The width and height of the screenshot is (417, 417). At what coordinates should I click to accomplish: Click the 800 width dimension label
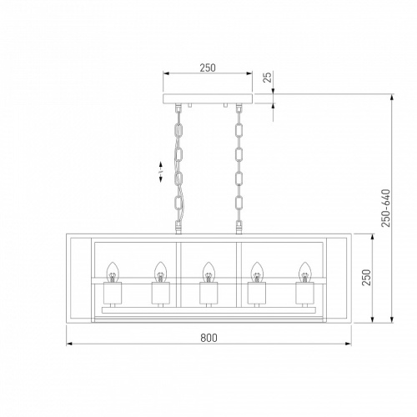[208, 338]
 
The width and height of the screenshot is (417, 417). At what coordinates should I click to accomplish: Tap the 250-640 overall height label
[386, 208]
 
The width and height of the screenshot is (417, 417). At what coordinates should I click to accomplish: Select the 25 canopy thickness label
[267, 78]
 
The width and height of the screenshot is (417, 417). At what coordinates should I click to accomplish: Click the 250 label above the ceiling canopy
[208, 68]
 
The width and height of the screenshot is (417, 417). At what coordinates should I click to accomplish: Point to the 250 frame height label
[366, 277]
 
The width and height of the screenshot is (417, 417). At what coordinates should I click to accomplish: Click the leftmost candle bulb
[113, 272]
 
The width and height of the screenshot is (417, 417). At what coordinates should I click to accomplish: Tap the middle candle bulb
[208, 272]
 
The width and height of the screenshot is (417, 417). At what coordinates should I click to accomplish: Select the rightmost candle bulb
[304, 272]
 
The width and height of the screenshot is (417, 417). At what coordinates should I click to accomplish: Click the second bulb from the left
[160, 272]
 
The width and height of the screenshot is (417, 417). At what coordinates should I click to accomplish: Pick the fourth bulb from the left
[257, 272]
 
